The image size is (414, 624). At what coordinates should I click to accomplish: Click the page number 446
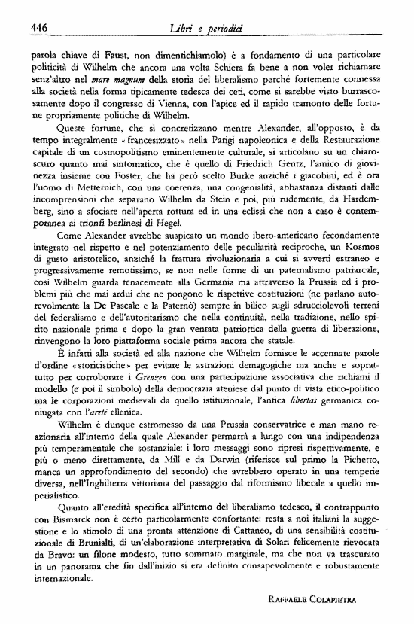[39, 28]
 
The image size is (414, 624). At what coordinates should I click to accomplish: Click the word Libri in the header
[184, 28]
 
